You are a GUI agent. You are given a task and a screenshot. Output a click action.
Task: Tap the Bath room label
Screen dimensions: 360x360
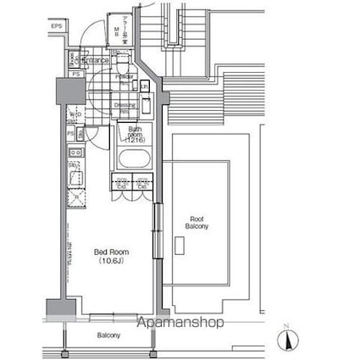click(135, 134)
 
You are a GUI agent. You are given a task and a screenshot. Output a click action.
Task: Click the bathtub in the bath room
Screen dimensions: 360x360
click(134, 158)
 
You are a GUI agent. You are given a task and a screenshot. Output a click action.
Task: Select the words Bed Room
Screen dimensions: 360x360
click(109, 252)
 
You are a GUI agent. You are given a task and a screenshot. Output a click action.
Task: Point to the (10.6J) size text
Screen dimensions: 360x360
click(109, 263)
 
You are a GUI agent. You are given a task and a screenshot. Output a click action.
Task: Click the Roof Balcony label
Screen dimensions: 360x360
click(198, 224)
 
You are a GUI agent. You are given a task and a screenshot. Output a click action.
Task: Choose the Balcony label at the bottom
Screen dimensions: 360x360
click(108, 335)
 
